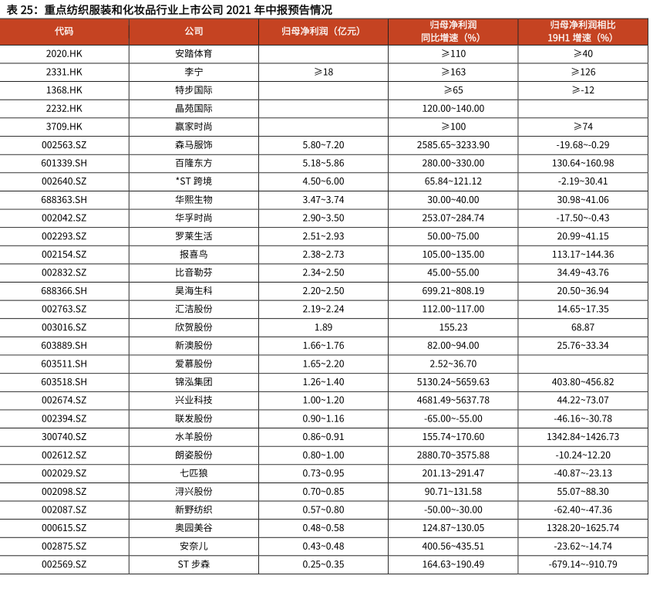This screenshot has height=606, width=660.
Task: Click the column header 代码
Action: click(64, 32)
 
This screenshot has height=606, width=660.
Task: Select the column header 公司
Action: click(194, 32)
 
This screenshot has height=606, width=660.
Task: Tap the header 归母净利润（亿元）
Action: click(323, 32)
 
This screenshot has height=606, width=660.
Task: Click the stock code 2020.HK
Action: click(64, 54)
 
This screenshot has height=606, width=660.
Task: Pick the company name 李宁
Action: click(194, 72)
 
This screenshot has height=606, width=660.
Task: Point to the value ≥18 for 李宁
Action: click(323, 72)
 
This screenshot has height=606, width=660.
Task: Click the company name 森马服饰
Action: click(194, 145)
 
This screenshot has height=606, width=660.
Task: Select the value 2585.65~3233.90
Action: click(453, 145)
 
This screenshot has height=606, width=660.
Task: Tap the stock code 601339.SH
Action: click(64, 163)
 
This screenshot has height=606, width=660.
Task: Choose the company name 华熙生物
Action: click(194, 200)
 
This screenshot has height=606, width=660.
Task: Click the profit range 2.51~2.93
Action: click(323, 236)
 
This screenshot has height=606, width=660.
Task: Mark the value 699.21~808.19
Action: click(453, 291)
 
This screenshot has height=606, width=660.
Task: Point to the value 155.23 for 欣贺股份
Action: click(453, 327)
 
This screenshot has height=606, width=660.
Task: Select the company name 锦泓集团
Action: click(194, 382)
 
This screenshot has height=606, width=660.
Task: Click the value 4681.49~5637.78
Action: click(453, 400)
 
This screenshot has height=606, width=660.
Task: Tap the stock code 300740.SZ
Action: click(64, 437)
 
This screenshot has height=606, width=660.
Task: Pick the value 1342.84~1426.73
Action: click(582, 437)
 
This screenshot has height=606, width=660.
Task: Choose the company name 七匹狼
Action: click(194, 473)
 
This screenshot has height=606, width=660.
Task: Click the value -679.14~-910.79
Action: click(582, 564)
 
